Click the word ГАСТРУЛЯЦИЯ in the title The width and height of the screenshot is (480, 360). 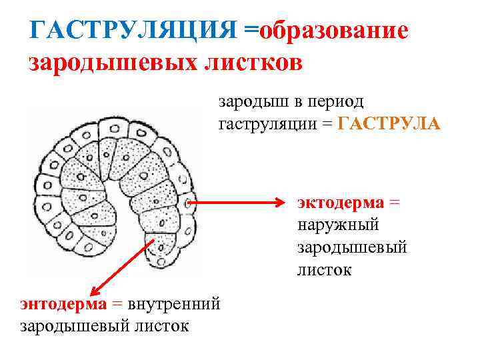point(133,31)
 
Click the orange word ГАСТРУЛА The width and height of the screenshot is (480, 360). point(389,124)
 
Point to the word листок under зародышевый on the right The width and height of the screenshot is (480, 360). point(325,270)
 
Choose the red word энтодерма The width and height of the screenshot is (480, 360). point(63,304)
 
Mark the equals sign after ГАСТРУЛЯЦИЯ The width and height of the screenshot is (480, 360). point(250,31)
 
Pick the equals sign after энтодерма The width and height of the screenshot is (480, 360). point(117,304)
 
